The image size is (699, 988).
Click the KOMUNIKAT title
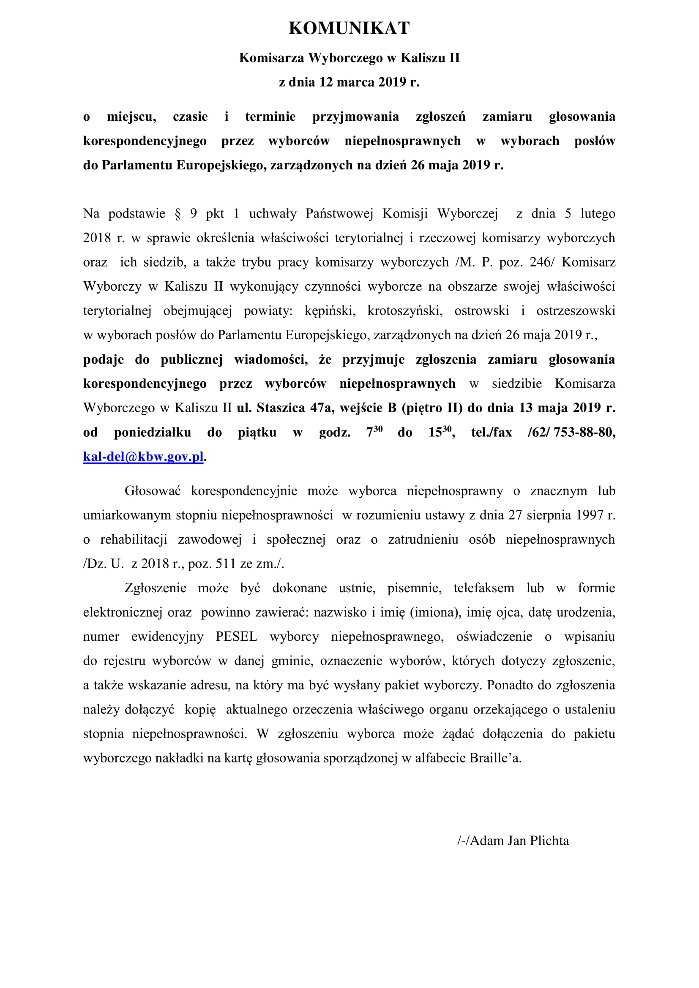[x=349, y=28]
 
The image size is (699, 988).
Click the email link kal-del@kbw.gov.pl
[x=143, y=457]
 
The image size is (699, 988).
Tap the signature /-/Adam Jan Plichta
[x=513, y=841]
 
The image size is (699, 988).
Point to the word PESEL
[x=236, y=637]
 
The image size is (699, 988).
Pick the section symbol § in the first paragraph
[x=178, y=214]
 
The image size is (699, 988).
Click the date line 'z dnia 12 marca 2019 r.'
[x=349, y=82]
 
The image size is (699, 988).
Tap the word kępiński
[x=330, y=311]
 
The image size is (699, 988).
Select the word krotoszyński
[x=404, y=311]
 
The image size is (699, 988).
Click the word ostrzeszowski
[x=576, y=311]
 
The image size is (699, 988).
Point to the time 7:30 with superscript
[x=374, y=432]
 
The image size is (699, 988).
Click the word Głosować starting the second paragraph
[x=153, y=491]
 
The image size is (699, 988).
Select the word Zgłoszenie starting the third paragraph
[x=156, y=588]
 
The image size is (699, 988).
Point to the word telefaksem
[x=483, y=588]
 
